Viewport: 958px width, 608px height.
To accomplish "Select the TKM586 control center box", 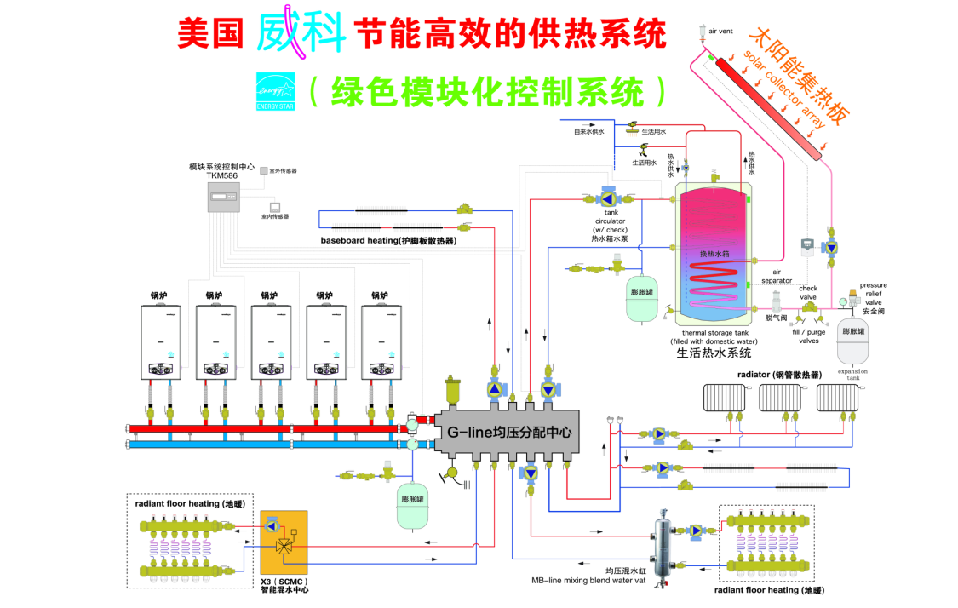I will pyautogui.click(x=224, y=198).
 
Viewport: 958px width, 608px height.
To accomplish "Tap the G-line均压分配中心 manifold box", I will pyautogui.click(x=507, y=433).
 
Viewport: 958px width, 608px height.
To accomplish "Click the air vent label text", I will pyautogui.click(x=720, y=31).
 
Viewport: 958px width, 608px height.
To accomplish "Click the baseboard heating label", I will pyautogui.click(x=388, y=241).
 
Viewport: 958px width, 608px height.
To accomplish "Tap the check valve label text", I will pyautogui.click(x=808, y=292).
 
